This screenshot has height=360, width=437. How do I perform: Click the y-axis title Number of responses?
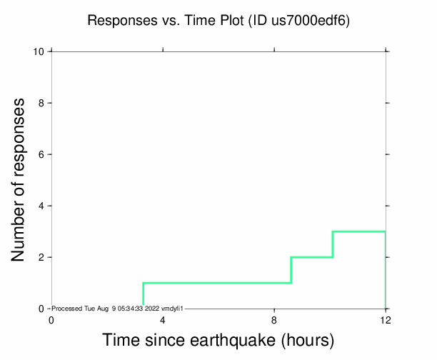click(x=21, y=180)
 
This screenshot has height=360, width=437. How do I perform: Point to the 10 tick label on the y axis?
click(x=40, y=51)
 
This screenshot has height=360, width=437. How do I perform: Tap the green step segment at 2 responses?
click(x=312, y=257)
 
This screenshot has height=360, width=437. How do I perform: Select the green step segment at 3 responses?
click(x=359, y=231)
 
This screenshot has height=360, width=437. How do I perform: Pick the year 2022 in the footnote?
click(x=152, y=308)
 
